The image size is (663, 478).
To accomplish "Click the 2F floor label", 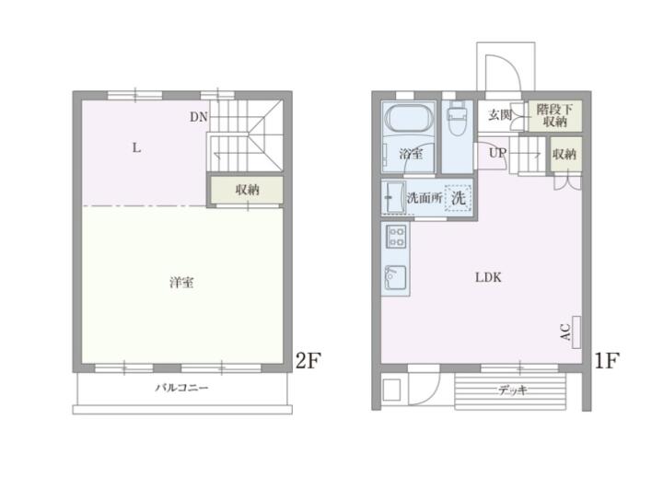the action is tap(308, 360).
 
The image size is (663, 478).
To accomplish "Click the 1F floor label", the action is tap(607, 360).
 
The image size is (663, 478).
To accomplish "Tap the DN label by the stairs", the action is tap(199, 117).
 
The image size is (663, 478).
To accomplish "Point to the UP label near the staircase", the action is tap(497, 153).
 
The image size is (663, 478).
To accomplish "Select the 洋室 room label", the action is tap(181, 282).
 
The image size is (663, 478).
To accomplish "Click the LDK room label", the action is tap(488, 277).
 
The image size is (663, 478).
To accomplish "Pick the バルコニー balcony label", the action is tap(181, 388).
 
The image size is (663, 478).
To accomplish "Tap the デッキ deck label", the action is tap(513, 390).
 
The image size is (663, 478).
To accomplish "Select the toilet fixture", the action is tap(457, 118).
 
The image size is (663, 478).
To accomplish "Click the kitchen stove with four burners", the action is tap(397, 237).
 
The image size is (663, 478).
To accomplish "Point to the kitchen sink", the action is tap(395, 278).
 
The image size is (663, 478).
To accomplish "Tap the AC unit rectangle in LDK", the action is tap(576, 332).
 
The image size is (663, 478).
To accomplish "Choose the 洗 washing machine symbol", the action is tap(458, 197).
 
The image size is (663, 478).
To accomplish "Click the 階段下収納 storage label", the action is tap(554, 115).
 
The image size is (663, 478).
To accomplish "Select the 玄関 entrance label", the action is tap(500, 114).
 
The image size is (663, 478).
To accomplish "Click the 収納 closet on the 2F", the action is tap(247, 190).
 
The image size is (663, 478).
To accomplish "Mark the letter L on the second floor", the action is tap(136, 147).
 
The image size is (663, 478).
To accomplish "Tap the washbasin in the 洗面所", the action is tap(392, 197).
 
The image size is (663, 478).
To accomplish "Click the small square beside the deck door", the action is tap(391, 390).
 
